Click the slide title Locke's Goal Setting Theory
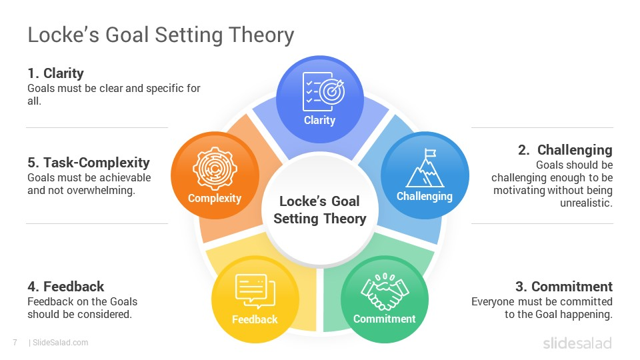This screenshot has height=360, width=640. [161, 35]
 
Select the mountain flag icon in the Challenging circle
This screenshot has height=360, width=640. [424, 168]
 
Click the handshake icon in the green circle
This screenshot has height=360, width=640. [384, 291]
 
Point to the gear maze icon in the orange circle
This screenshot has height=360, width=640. [214, 169]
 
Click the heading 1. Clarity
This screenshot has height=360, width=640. [55, 73]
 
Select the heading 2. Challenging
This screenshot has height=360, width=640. [565, 150]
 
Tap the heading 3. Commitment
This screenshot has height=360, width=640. [563, 287]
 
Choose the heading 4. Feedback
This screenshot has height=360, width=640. [65, 287]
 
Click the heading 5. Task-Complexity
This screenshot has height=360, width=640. [89, 163]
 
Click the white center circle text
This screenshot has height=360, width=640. [319, 209]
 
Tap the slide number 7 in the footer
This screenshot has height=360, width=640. [15, 343]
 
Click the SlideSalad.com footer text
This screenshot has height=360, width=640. [59, 343]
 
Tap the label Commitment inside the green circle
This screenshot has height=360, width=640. [384, 319]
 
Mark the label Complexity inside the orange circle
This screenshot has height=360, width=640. [214, 198]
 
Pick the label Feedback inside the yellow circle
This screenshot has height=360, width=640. [254, 319]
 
